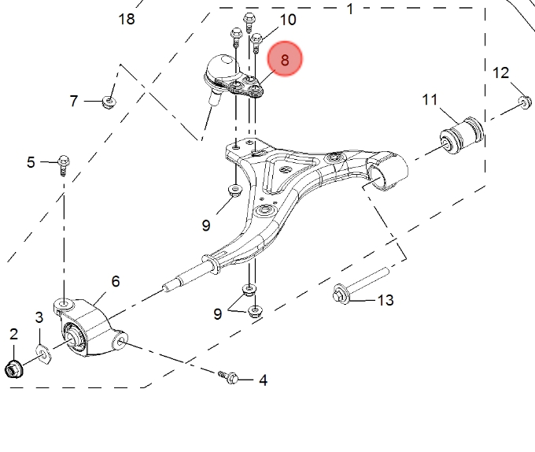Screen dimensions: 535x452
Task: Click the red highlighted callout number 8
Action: [x=285, y=59]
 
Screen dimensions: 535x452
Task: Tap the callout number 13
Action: [x=386, y=300]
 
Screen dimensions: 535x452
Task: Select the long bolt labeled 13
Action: [x=360, y=286]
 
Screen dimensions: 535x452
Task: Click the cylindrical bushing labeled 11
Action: [x=462, y=135]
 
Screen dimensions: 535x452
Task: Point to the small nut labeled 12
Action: [x=525, y=102]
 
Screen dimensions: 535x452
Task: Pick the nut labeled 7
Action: [x=109, y=102]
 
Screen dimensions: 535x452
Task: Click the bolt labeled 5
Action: [x=64, y=165]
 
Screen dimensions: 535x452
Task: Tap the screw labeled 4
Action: [x=229, y=377]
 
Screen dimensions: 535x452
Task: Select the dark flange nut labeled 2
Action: [x=14, y=369]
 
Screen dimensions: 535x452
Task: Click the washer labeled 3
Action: [x=44, y=354]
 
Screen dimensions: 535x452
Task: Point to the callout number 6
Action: [x=116, y=281]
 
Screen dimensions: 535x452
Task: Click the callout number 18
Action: [x=127, y=19]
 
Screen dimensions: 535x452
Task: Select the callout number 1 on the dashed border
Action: [x=350, y=9]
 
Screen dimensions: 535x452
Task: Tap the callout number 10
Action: [x=288, y=20]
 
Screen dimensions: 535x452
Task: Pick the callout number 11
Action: [x=430, y=100]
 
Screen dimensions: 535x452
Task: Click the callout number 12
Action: [x=500, y=73]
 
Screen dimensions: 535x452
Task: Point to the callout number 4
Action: [x=263, y=380]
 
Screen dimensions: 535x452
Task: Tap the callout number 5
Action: [x=31, y=162]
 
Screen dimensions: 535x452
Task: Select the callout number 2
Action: [x=13, y=334]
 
